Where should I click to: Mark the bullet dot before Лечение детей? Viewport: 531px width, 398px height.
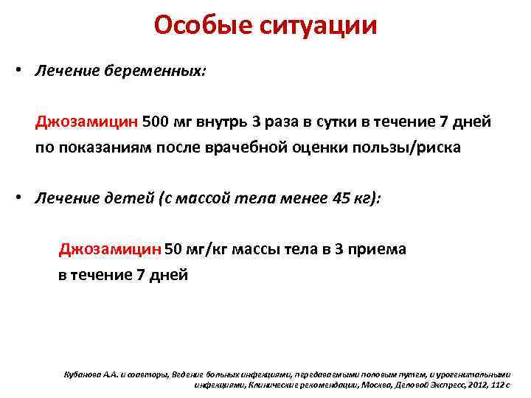(x=24, y=200)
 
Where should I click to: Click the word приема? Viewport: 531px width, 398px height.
(x=376, y=248)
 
